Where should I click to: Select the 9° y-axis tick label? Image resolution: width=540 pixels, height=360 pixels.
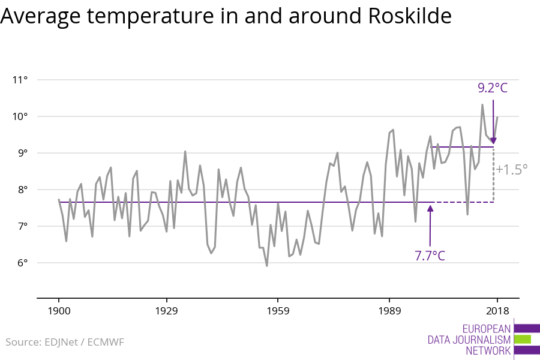pyautogui.click(x=23, y=153)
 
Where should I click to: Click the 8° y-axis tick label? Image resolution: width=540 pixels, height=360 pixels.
pyautogui.click(x=23, y=190)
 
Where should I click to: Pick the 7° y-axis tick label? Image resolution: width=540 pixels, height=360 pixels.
pyautogui.click(x=23, y=226)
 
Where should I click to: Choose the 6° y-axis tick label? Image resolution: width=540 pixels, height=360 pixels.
pyautogui.click(x=23, y=263)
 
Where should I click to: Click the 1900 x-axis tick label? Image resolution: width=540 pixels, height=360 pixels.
pyautogui.click(x=59, y=311)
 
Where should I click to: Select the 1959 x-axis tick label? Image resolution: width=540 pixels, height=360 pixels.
pyautogui.click(x=278, y=311)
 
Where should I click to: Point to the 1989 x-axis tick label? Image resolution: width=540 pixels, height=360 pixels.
pyautogui.click(x=389, y=311)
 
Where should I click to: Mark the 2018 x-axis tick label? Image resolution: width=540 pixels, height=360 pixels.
pyautogui.click(x=497, y=311)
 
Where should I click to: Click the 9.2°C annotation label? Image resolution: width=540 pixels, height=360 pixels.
pyautogui.click(x=493, y=88)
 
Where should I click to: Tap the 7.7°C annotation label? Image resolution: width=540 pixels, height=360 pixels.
pyautogui.click(x=430, y=256)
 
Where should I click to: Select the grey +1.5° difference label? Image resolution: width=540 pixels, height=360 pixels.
pyautogui.click(x=511, y=170)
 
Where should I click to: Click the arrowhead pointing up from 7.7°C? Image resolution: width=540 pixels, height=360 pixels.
pyautogui.click(x=430, y=208)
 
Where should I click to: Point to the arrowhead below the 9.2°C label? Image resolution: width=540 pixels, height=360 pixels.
pyautogui.click(x=494, y=141)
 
